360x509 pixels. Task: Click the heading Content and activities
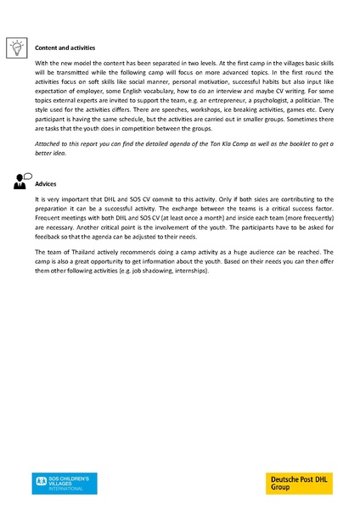pos(65,48)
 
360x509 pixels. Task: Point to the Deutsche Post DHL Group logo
pos(301,484)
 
